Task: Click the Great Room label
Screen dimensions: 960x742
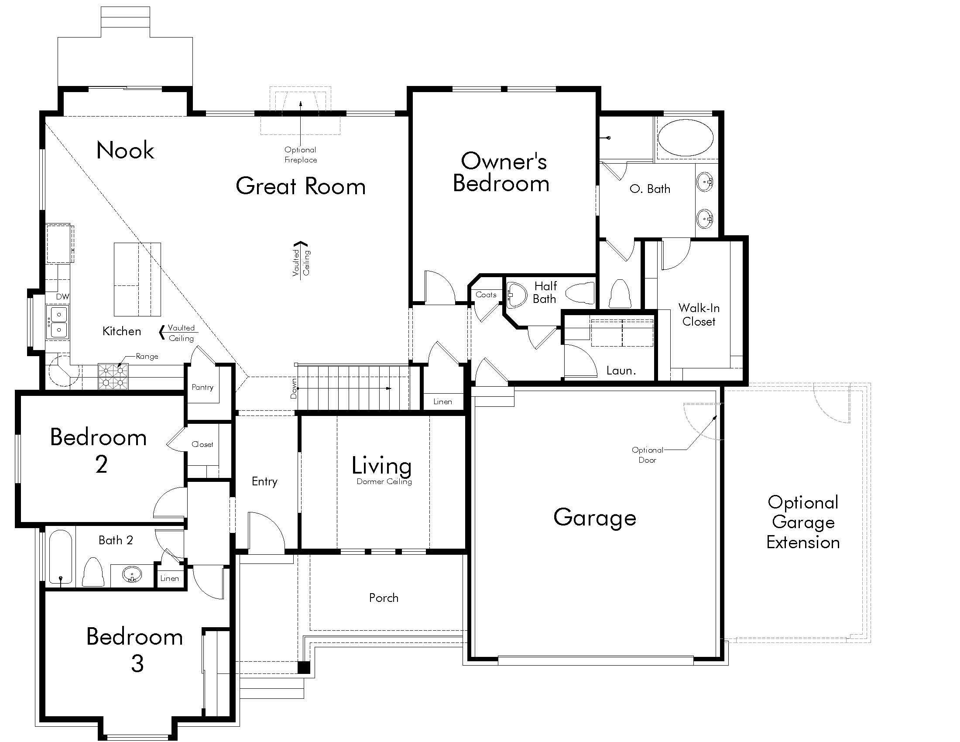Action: pos(301,186)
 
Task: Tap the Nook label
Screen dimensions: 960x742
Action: pos(125,150)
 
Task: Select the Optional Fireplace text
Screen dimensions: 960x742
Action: pos(301,155)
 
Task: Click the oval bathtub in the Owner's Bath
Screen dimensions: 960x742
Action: pos(685,137)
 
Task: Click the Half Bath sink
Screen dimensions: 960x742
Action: pos(516,295)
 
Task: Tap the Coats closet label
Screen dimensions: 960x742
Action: pos(486,295)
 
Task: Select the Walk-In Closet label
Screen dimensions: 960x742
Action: pos(699,315)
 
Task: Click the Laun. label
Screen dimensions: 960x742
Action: pos(621,371)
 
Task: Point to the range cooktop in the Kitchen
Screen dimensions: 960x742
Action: pos(113,377)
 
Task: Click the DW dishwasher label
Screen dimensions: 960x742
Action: pos(62,297)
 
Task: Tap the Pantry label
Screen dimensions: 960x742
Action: pos(202,387)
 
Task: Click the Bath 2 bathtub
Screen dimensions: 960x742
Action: pos(60,558)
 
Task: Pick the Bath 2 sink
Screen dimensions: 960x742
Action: pos(132,574)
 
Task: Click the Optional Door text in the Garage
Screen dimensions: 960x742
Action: pos(648,455)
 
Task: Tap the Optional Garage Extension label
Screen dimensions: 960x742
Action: pos(803,522)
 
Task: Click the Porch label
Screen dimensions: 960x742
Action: pos(384,598)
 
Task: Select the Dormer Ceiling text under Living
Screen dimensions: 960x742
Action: pos(384,482)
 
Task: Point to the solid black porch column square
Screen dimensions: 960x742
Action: pos(304,667)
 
